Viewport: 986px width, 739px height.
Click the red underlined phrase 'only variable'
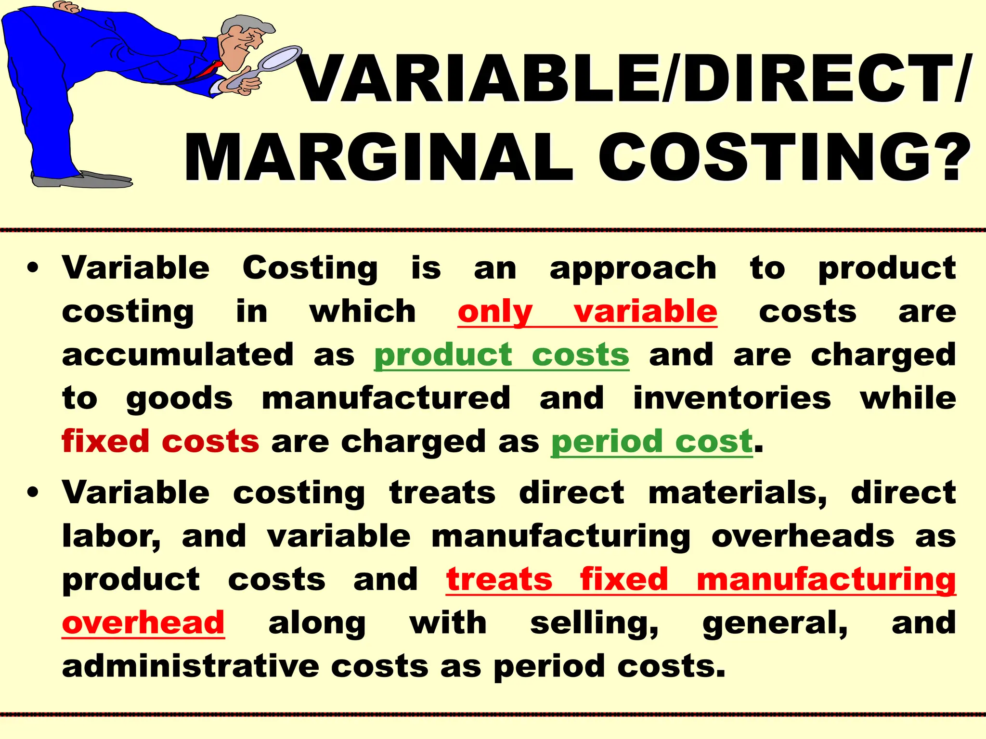587,312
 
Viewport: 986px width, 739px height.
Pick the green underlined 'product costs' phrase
502,355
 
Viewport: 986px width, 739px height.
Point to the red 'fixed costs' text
160,441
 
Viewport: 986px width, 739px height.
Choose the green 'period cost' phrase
651,441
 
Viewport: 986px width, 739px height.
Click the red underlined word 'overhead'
143,623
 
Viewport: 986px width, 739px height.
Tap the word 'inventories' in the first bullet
732,398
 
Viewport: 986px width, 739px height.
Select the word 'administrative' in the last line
191,666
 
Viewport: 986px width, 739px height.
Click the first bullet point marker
33,268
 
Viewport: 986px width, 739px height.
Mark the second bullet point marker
33,494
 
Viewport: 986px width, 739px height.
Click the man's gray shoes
82,180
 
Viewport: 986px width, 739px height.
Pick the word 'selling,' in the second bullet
594,623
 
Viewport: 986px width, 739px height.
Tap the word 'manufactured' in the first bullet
386,398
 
